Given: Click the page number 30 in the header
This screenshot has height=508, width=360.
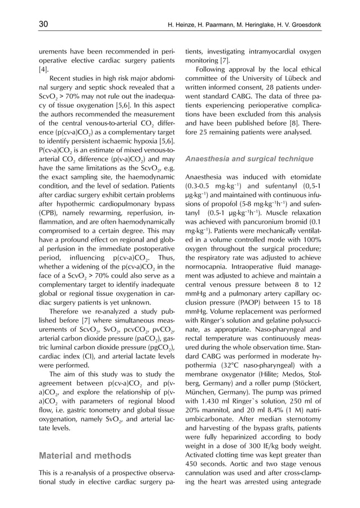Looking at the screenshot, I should (43, 25).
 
